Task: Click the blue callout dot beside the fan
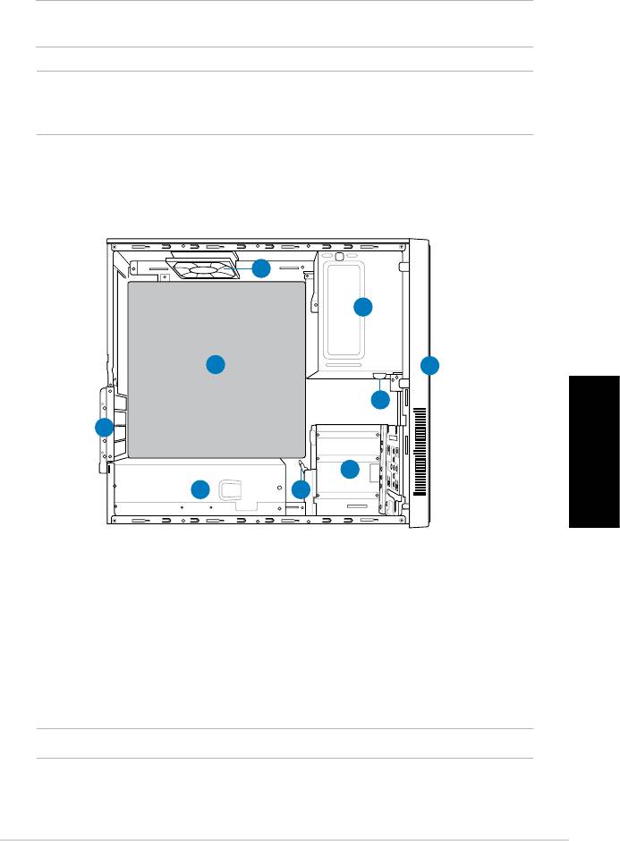tap(260, 268)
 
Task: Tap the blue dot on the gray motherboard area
tap(215, 364)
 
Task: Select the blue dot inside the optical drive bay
tap(362, 307)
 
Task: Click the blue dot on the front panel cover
tap(430, 364)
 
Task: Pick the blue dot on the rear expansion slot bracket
tap(104, 428)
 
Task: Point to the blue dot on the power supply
tap(200, 488)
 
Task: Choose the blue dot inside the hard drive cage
tap(350, 469)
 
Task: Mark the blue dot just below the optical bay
tap(380, 400)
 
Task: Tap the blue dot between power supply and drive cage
tap(301, 489)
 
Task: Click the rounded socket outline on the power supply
tap(232, 488)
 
